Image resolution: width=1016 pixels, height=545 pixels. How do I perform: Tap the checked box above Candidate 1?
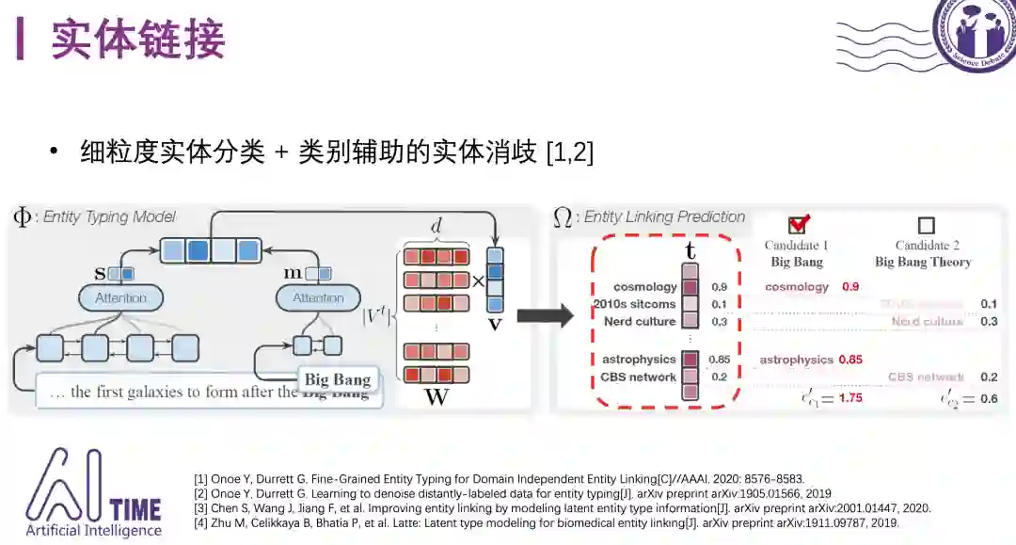click(798, 225)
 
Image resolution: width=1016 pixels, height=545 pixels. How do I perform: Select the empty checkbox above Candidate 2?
click(926, 226)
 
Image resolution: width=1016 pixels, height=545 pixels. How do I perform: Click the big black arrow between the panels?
click(545, 316)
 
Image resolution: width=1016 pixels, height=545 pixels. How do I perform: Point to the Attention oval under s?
click(121, 298)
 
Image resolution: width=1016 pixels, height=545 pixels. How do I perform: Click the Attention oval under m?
click(318, 298)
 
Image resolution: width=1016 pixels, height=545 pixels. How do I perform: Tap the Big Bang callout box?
click(337, 379)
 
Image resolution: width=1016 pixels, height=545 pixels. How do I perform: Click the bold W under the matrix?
click(437, 396)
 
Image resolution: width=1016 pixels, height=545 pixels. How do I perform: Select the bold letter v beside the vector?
click(495, 324)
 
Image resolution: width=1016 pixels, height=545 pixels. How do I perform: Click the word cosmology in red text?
click(797, 287)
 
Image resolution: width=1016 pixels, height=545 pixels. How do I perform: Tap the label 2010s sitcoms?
click(635, 304)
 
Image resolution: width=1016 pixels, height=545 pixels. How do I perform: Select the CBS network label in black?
click(639, 377)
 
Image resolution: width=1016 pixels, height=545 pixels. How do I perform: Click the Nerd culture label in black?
click(640, 322)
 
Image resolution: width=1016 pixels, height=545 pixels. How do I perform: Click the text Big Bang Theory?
click(923, 262)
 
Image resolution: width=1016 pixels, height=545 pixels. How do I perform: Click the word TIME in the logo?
click(135, 509)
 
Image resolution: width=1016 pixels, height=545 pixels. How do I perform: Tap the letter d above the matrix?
click(436, 226)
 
